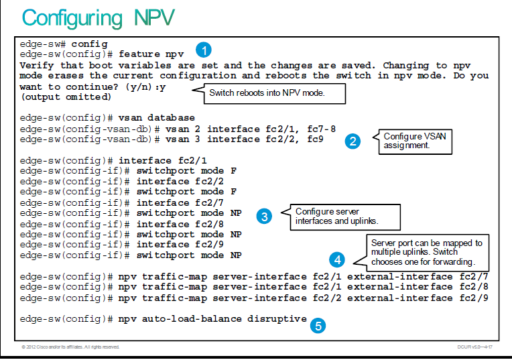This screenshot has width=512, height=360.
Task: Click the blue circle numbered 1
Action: coord(204,50)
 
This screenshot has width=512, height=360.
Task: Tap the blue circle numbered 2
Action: coord(353,141)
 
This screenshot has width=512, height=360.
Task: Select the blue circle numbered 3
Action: coord(264,217)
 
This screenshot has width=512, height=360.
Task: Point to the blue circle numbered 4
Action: coord(337,259)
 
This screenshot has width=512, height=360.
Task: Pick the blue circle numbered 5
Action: coord(318,326)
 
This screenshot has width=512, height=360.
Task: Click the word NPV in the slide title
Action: coord(154,17)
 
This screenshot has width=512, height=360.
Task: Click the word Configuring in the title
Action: coord(72,19)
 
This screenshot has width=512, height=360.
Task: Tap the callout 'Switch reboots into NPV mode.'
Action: coord(269,93)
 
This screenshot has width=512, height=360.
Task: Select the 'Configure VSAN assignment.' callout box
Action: coord(413,141)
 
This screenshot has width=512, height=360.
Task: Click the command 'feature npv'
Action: coord(151,54)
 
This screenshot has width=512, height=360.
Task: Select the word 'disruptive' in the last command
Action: coord(277,319)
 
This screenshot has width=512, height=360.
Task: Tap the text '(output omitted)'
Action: coord(66,97)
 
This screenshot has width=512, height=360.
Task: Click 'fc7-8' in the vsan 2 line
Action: coord(321,129)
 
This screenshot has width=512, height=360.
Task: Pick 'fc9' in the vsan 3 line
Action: coord(315,139)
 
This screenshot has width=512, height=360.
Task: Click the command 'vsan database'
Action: coord(156,118)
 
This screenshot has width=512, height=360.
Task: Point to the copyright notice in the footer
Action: coord(70,347)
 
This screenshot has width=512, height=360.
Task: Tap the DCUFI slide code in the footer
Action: coord(474,347)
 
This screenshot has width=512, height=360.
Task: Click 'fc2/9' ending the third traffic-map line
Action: coord(474,298)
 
